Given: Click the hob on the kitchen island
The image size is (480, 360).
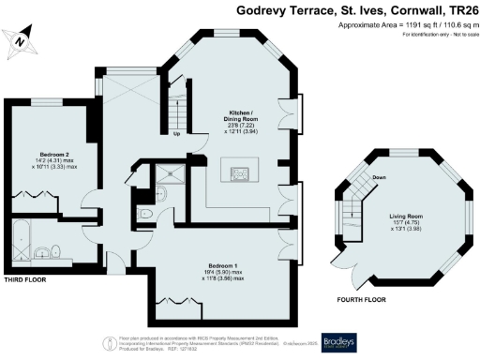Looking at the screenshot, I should (237, 172).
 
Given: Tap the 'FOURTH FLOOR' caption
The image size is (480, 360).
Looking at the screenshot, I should (361, 300).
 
